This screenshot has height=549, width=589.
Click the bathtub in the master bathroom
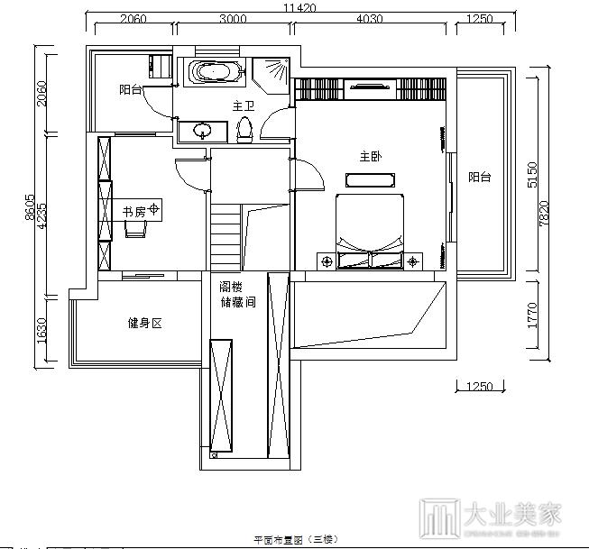coord(214,71)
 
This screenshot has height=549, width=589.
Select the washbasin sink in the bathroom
coord(200,131)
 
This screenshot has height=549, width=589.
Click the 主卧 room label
coord(370,157)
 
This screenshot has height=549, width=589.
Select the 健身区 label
coord(143,323)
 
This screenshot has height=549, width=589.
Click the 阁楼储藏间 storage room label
coord(237,295)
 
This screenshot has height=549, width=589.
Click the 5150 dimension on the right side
coord(533,174)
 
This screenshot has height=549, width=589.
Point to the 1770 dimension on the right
coord(533,316)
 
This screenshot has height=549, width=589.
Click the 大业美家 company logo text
coord(512,514)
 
